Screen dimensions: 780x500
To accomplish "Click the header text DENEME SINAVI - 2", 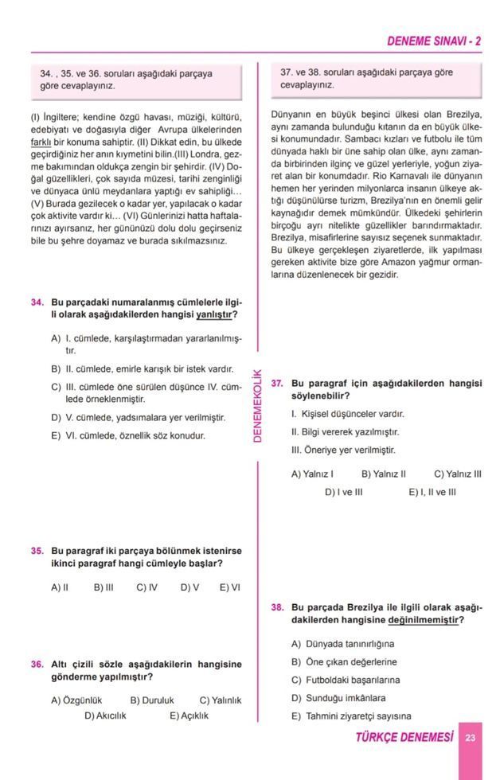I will tap(433, 41).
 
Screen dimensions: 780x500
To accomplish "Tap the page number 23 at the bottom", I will tap(471, 738).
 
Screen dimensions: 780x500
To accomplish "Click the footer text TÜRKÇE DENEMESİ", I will tap(404, 738).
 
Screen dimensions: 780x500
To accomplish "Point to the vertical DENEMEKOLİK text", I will tap(257, 406).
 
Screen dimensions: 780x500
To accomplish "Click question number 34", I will tap(37, 302).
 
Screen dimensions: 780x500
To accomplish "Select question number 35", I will tap(37, 550).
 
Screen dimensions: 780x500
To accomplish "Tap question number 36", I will tap(37, 664).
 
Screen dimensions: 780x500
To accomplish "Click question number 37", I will tap(277, 383).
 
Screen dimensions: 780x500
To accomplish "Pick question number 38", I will tap(277, 607).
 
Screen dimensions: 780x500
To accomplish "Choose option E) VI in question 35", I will tap(229, 587).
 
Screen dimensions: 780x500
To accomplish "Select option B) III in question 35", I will tap(104, 587).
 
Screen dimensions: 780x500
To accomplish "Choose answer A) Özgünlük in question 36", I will tap(76, 700).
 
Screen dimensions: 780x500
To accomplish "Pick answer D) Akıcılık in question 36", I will tap(105, 715).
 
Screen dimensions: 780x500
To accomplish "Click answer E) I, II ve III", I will tap(432, 492).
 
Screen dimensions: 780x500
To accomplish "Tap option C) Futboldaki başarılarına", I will tap(346, 680).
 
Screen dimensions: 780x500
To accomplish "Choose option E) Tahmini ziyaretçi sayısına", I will tap(351, 716).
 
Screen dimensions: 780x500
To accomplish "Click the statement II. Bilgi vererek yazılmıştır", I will tap(345, 431).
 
